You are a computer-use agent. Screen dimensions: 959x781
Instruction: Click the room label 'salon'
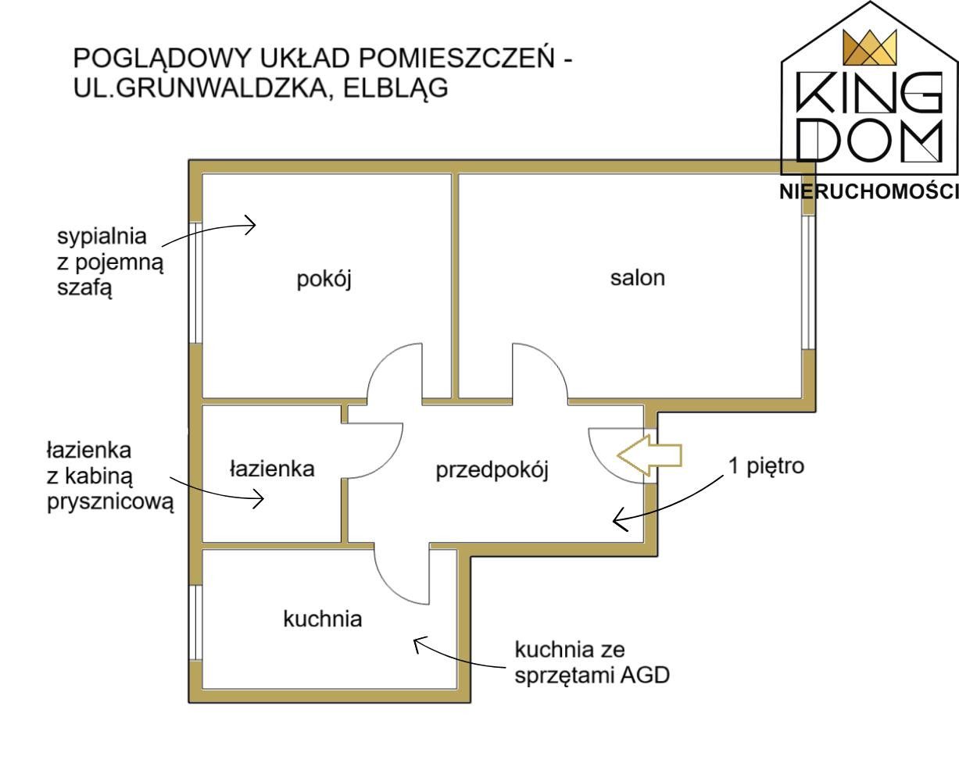pyautogui.click(x=638, y=277)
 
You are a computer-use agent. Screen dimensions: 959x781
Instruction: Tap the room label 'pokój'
pyautogui.click(x=324, y=280)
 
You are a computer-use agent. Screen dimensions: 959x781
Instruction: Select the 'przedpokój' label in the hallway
pyautogui.click(x=492, y=471)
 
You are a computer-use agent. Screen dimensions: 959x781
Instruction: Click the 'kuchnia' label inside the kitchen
pyautogui.click(x=322, y=619)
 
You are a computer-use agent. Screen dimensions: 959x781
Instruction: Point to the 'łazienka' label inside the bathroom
pyautogui.click(x=272, y=469)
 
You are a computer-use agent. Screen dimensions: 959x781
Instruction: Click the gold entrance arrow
pyautogui.click(x=649, y=455)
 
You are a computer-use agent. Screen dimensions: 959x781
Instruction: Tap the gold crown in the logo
pyautogui.click(x=869, y=47)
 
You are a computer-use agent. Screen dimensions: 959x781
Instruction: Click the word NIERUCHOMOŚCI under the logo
pyautogui.click(x=869, y=191)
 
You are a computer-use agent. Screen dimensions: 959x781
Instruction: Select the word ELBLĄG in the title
pyautogui.click(x=395, y=88)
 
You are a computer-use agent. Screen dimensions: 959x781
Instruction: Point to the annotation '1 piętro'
pyautogui.click(x=766, y=466)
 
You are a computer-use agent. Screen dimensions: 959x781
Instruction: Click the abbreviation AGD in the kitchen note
pyautogui.click(x=645, y=675)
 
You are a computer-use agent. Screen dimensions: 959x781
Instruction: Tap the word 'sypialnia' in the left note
pyautogui.click(x=102, y=237)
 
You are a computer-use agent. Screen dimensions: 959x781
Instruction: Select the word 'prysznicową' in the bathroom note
pyautogui.click(x=110, y=502)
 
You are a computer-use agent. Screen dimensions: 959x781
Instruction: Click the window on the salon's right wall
pyautogui.click(x=809, y=283)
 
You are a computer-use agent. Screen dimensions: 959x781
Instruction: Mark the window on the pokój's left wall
pyautogui.click(x=195, y=284)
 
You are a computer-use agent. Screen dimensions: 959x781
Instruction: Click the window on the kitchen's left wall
pyautogui.click(x=195, y=622)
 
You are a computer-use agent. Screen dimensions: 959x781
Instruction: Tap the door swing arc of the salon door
pyautogui.click(x=550, y=361)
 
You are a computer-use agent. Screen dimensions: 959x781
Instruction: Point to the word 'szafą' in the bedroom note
pyautogui.click(x=84, y=287)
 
